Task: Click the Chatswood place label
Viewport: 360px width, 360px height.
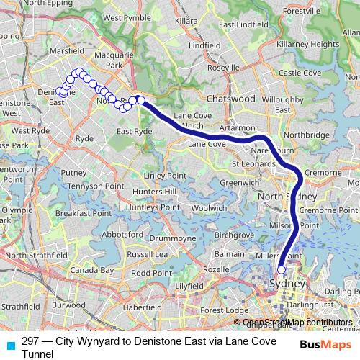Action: coord(230,98)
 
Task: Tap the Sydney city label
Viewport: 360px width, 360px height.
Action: coord(287,283)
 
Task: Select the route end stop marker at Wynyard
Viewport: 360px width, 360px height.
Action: coord(282,270)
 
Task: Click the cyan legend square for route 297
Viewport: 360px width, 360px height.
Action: coord(9,343)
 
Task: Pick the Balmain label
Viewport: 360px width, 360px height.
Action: coord(230,254)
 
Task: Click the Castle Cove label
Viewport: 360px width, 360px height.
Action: coord(300,73)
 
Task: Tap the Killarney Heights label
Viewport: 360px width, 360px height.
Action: coord(312,44)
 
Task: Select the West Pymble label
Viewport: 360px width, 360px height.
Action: coord(126,17)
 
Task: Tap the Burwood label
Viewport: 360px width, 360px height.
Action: coord(68,305)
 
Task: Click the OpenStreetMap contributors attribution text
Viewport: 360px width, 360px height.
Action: coord(297,322)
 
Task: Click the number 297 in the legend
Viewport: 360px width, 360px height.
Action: coord(30,341)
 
